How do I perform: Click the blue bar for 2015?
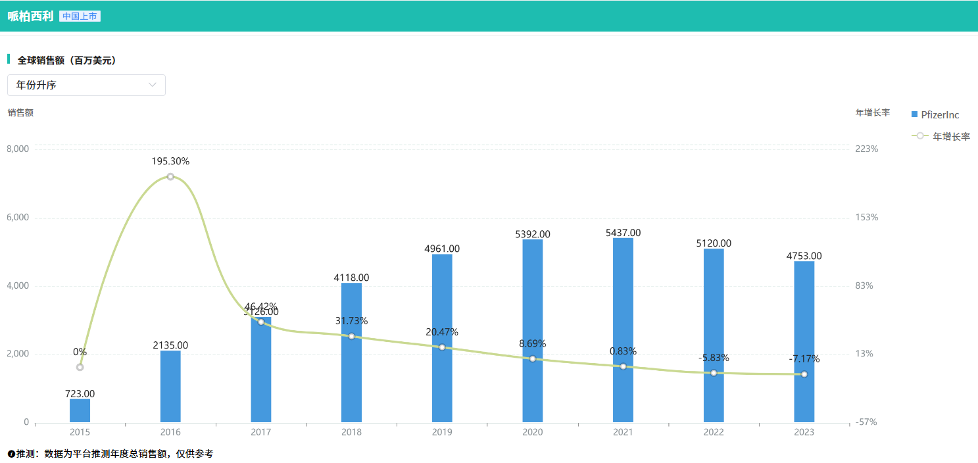click(x=80, y=410)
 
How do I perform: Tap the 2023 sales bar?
click(x=804, y=342)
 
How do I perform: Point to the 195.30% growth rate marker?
click(x=170, y=176)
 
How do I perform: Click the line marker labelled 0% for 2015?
click(x=80, y=367)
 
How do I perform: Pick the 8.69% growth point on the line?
click(x=532, y=358)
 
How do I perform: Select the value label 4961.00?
click(x=442, y=249)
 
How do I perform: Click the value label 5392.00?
click(x=533, y=233)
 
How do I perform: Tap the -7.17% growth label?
click(x=804, y=359)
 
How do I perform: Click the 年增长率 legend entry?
click(x=941, y=136)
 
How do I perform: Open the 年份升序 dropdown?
click(x=86, y=85)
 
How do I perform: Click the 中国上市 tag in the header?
click(x=80, y=16)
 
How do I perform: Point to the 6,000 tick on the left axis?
click(x=18, y=218)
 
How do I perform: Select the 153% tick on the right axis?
click(x=866, y=218)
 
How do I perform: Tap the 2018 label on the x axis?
click(x=351, y=432)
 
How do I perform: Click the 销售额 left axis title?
click(x=20, y=112)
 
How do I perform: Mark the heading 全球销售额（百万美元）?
click(x=66, y=60)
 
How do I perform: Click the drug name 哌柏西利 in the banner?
click(x=30, y=16)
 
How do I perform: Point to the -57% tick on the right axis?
click(x=866, y=422)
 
